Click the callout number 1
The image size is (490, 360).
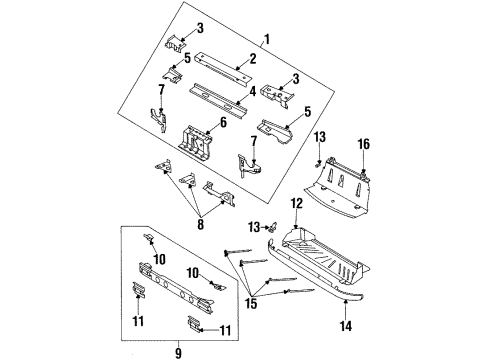click(x=266, y=40)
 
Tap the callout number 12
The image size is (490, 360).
click(x=296, y=204)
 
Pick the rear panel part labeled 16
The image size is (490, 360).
click(x=345, y=185)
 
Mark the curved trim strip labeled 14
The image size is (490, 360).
click(x=330, y=290)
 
